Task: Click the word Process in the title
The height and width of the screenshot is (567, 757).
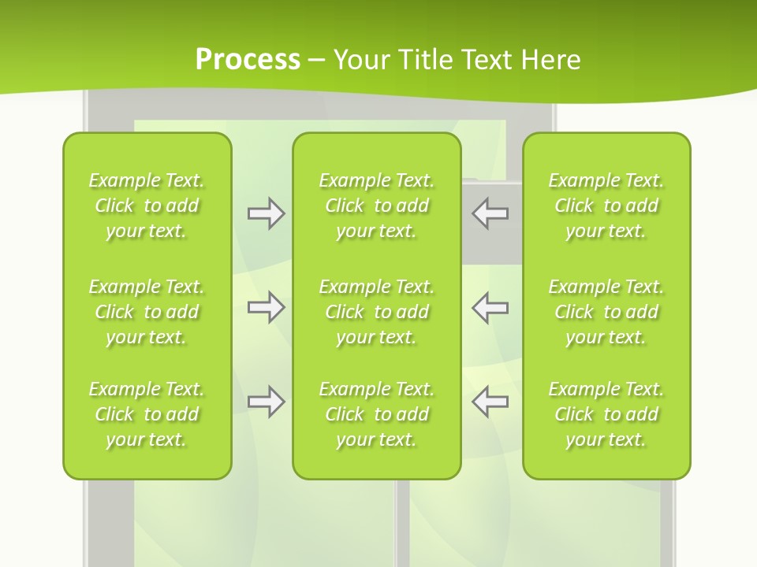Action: click(248, 60)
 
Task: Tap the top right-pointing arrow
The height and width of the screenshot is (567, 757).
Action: click(266, 213)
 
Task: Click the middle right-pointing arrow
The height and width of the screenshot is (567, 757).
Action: click(266, 307)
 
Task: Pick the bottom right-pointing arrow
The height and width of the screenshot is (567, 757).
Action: click(266, 402)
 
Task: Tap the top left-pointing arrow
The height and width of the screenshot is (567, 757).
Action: click(490, 213)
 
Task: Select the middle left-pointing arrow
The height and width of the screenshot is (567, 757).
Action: click(490, 307)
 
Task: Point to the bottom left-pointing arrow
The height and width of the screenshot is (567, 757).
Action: click(490, 402)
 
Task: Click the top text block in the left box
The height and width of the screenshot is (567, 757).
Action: click(147, 206)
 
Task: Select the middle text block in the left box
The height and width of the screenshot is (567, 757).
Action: click(147, 312)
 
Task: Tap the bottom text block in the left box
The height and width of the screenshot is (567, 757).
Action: click(147, 414)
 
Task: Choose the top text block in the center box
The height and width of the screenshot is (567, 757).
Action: click(376, 206)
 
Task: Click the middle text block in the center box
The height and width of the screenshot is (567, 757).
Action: click(376, 312)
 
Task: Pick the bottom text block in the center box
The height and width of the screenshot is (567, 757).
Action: click(376, 414)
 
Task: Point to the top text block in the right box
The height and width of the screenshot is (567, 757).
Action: click(606, 206)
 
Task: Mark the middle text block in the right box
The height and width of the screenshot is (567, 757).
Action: click(606, 312)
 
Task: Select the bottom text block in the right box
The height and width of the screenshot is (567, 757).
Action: click(606, 414)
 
